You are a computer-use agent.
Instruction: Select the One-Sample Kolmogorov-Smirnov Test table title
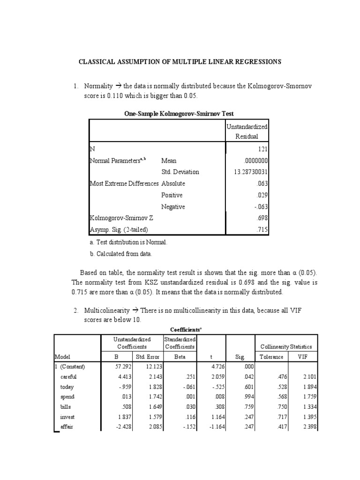[x=179, y=113]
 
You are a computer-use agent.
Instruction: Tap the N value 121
[x=262, y=149]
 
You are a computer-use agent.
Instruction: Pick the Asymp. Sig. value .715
[x=262, y=230]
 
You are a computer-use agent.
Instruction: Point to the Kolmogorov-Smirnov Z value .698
[x=262, y=218]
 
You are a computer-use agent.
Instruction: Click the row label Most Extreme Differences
[x=124, y=184]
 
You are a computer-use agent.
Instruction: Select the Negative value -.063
[x=261, y=207]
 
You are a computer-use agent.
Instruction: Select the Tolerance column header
[x=271, y=357]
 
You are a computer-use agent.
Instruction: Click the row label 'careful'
[x=68, y=376]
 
